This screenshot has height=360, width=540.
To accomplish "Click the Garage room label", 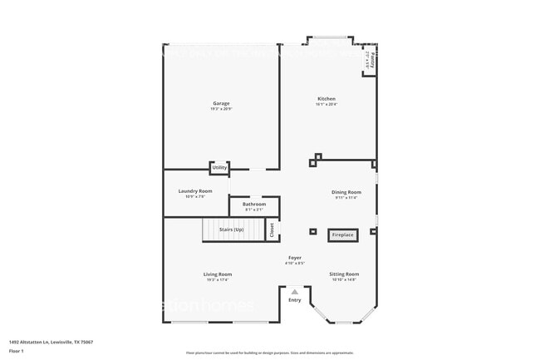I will click(220, 103).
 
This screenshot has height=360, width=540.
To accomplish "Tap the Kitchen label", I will click(326, 99).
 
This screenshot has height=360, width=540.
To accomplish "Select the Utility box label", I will click(219, 168).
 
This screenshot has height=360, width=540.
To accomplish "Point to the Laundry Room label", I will click(195, 191).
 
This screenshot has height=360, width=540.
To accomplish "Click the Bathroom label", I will click(254, 205).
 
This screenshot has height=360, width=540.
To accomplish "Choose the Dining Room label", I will click(347, 192).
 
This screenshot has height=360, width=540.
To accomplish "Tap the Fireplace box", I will click(343, 235).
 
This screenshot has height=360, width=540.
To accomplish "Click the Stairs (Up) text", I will click(231, 229).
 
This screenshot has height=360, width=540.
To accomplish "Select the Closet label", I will click(272, 230).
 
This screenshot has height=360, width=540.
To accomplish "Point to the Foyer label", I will click(295, 258).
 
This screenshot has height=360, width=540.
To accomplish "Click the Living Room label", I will click(218, 274).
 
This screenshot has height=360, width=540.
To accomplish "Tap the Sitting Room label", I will click(344, 274).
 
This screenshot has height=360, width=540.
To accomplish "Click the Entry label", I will click(295, 299).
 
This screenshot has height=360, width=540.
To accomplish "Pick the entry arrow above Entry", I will click(295, 291).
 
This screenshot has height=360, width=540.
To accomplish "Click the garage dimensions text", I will click(220, 109).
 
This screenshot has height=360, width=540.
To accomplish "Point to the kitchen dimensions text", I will click(326, 105).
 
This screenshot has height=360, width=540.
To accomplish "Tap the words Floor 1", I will click(17, 351).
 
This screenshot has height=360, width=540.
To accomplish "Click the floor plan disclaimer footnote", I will click(269, 353).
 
